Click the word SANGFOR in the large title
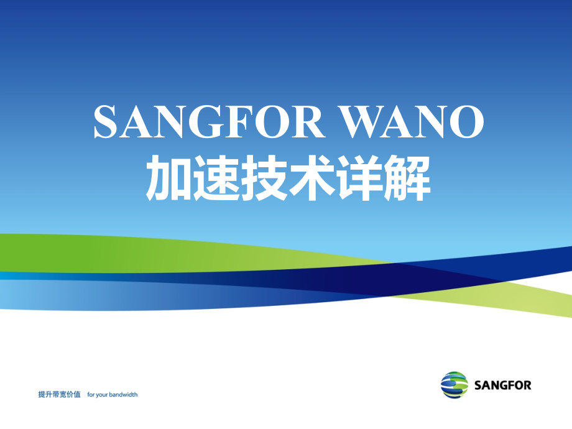click(209, 121)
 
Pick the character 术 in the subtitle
click(310, 179)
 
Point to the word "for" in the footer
click(91, 394)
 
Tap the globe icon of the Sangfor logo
click(454, 385)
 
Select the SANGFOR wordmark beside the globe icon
click(502, 385)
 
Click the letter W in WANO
click(361, 121)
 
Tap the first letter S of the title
click(105, 121)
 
